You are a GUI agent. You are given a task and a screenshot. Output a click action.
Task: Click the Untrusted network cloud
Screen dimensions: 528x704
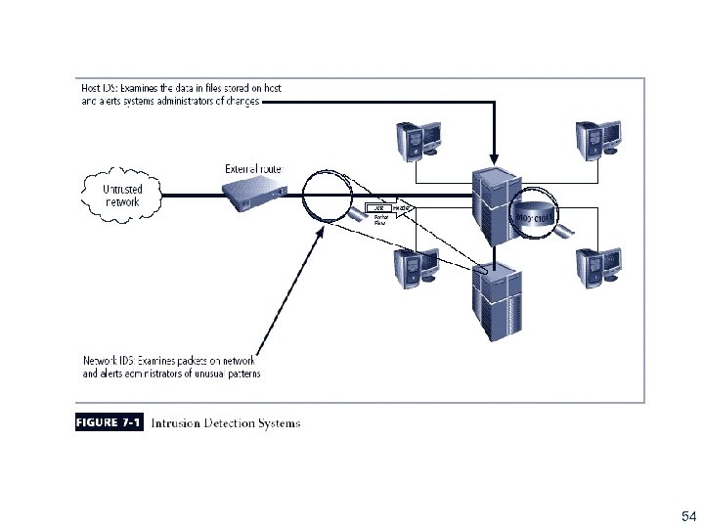tap(121, 196)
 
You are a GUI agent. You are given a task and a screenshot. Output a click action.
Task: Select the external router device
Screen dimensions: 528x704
tap(248, 195)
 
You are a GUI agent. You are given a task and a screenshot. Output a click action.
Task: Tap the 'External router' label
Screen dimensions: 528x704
tap(253, 168)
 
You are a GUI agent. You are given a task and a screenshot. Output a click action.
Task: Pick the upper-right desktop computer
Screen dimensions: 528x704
tap(597, 139)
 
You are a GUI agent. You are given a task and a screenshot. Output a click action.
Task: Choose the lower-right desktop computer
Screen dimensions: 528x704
tap(597, 266)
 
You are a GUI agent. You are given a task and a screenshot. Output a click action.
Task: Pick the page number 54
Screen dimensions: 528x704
tap(687, 515)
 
